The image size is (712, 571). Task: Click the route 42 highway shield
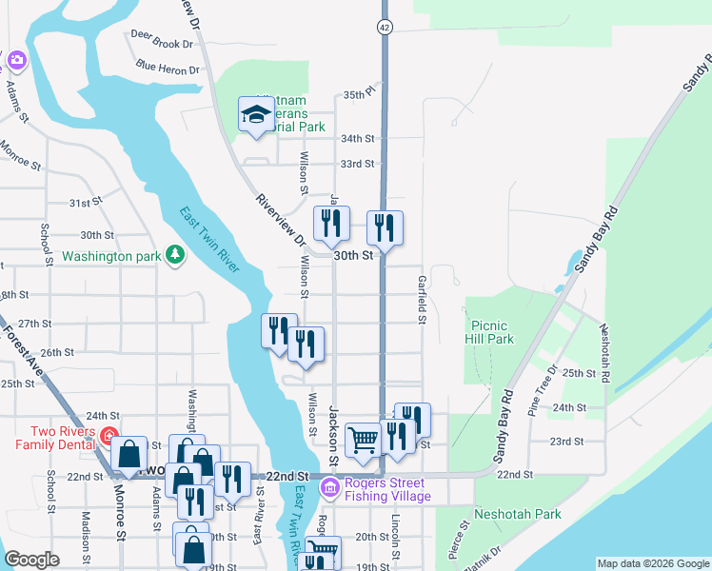[x=384, y=27]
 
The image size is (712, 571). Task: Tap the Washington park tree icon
[x=174, y=254]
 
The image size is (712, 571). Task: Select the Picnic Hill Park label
[x=490, y=332]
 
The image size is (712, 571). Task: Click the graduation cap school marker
[x=255, y=115]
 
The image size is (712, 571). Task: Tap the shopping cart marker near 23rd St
[x=363, y=440]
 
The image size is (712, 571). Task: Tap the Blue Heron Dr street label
[x=167, y=68]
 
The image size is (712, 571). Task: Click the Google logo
[x=32, y=560]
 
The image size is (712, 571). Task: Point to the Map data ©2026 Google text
[x=652, y=563]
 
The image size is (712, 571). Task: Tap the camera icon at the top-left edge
[x=16, y=62]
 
